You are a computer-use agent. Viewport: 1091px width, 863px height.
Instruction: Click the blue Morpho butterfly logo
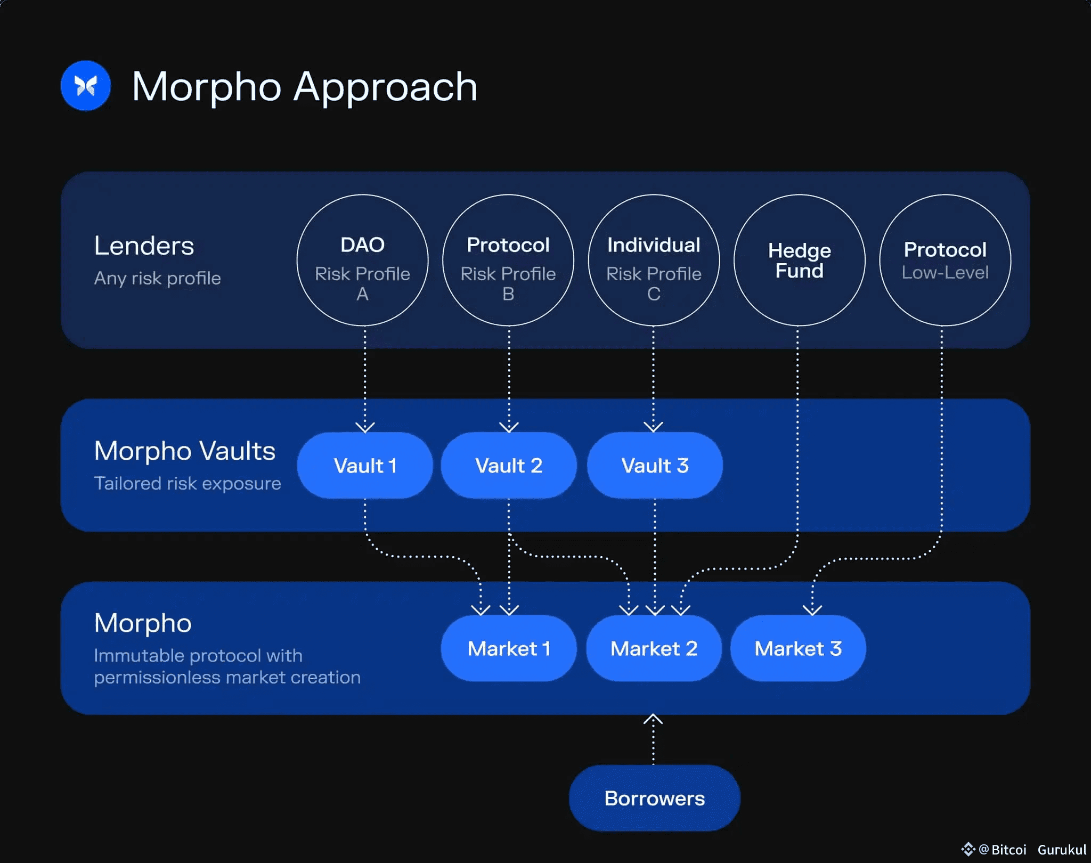(85, 86)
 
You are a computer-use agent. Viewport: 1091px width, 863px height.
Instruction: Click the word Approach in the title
(385, 87)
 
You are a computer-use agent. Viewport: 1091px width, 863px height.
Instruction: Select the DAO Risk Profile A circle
(362, 260)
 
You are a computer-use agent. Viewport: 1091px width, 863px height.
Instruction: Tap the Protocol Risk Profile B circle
(508, 260)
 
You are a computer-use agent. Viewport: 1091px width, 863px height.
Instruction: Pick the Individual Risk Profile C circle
(654, 260)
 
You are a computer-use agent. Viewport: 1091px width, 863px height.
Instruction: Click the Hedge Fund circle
(799, 260)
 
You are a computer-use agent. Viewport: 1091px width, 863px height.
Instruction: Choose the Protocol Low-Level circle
(945, 260)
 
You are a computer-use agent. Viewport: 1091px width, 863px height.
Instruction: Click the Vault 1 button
(365, 466)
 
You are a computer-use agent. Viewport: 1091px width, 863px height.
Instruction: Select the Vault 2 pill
(509, 466)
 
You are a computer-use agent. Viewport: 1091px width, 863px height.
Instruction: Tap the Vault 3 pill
(655, 466)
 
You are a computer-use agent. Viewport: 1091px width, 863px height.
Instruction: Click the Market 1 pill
(509, 648)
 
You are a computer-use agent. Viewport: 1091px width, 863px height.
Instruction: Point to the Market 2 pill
(654, 648)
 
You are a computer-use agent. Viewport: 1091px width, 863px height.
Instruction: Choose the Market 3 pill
(798, 648)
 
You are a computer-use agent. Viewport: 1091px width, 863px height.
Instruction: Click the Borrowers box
(654, 798)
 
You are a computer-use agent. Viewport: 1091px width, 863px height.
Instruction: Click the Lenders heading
(144, 246)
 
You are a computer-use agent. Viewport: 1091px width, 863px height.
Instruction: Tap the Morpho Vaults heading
(184, 451)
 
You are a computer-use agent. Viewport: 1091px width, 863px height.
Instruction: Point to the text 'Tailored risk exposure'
(187, 483)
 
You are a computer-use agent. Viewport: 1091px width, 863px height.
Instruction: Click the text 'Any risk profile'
(157, 278)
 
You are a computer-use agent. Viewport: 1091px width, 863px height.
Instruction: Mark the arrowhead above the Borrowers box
(653, 720)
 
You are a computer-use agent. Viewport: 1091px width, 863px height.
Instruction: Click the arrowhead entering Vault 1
(365, 427)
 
